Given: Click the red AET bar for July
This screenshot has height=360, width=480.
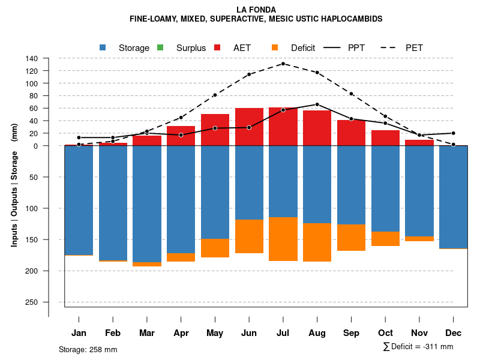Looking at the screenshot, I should tap(283, 127).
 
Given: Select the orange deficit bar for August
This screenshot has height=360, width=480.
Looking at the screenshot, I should tap(317, 242).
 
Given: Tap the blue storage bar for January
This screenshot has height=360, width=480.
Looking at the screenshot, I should tap(79, 200).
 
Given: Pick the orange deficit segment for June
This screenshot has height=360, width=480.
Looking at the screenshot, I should tap(249, 236).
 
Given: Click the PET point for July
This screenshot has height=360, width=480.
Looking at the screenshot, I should tap(283, 64).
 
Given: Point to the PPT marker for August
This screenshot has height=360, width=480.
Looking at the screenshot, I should tap(317, 104).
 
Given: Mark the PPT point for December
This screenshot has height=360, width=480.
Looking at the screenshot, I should tap(454, 133).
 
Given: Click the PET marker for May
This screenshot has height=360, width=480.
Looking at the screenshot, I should tap(215, 95).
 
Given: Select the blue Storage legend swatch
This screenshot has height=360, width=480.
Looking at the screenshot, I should tap(103, 47).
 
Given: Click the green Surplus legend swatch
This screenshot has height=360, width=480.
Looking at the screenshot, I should tap(160, 47).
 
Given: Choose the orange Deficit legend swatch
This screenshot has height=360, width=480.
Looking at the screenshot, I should tap(275, 47).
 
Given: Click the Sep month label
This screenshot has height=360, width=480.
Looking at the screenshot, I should tap(352, 333).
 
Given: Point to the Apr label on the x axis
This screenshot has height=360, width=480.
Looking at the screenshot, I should tap(181, 333).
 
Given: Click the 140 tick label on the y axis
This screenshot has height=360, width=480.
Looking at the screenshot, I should tap(32, 59).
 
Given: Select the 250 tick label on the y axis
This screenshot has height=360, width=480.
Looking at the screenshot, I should tap(32, 302).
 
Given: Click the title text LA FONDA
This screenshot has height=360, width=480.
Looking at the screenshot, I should tap(256, 10).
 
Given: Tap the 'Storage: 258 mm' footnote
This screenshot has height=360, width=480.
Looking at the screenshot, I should tap(88, 349).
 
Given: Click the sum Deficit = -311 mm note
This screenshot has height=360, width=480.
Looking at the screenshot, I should tap(418, 347).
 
